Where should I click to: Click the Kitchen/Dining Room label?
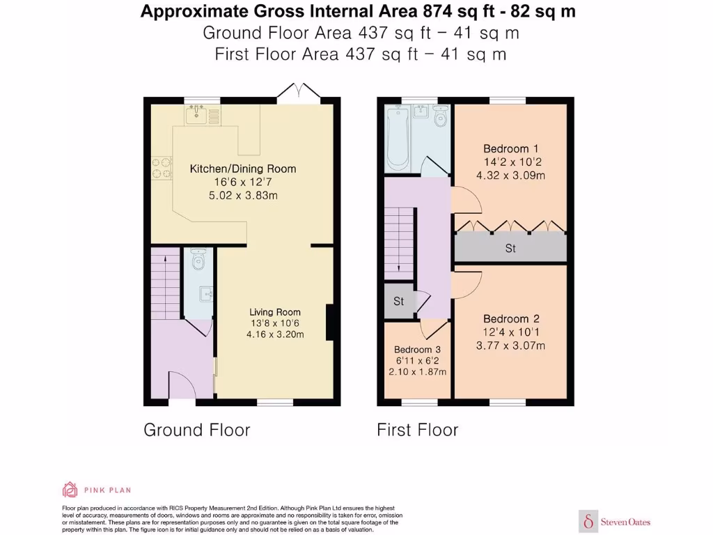pos(243,169)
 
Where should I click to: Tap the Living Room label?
pos(276,312)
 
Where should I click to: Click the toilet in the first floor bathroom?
pos(440,118)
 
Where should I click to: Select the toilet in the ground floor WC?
pos(198,259)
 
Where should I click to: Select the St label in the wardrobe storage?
pos(510,248)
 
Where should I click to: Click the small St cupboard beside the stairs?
pos(399,302)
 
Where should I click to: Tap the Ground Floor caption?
pos(196,430)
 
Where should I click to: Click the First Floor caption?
pos(417,430)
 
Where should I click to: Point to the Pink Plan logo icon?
pos(70,489)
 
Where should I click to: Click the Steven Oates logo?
pos(615,521)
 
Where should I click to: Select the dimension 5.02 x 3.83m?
pos(243,196)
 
